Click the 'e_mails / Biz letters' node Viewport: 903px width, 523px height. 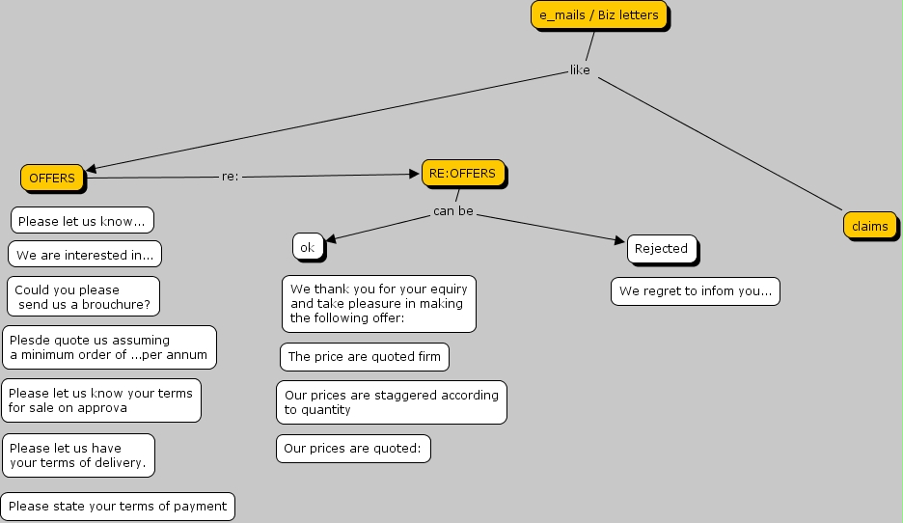point(599,15)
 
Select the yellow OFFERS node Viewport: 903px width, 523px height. point(52,178)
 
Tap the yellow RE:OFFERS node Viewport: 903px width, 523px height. point(462,174)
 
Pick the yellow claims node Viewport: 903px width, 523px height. point(869,226)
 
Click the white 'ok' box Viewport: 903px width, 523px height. point(307,247)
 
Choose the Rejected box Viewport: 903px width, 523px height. point(661,249)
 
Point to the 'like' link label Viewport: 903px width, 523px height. point(580,69)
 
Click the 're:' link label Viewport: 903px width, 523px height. point(230,177)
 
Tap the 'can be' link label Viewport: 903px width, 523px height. point(452,210)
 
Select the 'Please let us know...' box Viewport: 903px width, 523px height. point(82,221)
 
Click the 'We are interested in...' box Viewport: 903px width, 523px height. point(85,255)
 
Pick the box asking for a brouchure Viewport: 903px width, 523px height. point(82,297)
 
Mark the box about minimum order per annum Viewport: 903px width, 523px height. point(109,347)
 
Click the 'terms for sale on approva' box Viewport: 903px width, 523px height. point(101,400)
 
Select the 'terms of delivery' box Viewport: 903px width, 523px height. point(78,454)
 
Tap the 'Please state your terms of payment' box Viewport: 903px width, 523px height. point(118,506)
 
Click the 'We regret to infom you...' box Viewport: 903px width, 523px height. point(695,291)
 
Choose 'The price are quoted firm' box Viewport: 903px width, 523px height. point(365,357)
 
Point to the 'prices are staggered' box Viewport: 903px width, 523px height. point(391,402)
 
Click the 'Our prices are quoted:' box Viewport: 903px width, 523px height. point(353,449)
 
